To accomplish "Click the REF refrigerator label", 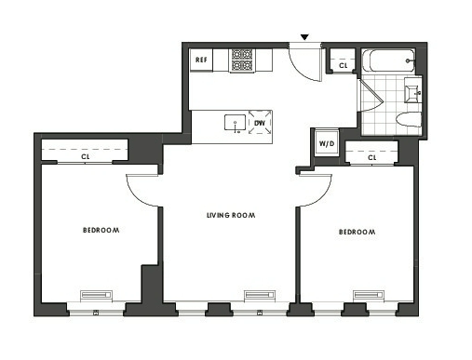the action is point(201,60).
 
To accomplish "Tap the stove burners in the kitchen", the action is point(242,60).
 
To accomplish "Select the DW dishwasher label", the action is point(260,123).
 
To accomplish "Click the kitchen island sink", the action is point(235,123).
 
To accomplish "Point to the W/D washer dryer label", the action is point(327,143).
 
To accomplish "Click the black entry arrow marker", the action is point(305,37).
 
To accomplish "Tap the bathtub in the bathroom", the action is point(388,60).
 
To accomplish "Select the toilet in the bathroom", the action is point(409,120).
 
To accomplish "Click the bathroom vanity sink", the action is point(412,90).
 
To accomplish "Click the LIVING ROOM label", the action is point(231,215).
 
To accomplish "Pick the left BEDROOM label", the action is point(101,230).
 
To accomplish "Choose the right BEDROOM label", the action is point(357,232).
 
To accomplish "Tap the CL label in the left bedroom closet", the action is point(86,157).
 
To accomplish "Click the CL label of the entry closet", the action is point(344,66).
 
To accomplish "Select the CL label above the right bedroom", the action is point(372,158).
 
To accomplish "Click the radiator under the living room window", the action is point(260,295).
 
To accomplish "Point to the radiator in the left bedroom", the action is point(96,295).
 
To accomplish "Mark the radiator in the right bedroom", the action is point(369,295).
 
